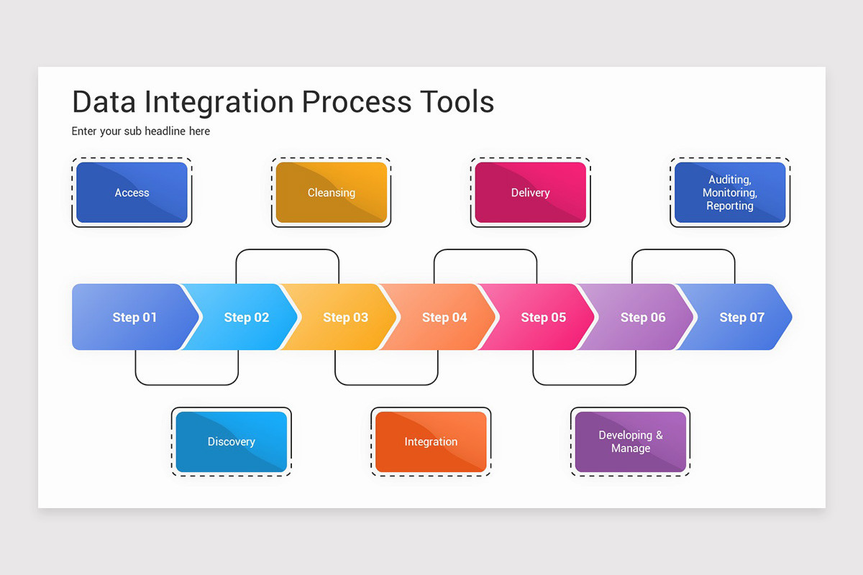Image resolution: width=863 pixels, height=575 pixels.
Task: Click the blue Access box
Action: point(132,192)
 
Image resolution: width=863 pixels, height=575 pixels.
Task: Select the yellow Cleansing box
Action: point(332,192)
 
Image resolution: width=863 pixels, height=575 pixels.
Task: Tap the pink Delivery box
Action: point(531,192)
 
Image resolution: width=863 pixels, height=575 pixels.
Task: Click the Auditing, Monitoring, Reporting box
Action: point(730,192)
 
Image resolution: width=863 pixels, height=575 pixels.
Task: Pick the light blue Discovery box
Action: point(232,442)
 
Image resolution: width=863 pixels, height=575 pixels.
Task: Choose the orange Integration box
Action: point(431,442)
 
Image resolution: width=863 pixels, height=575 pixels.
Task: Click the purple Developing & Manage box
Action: point(631,442)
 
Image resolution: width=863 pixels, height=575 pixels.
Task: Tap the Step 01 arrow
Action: point(135,317)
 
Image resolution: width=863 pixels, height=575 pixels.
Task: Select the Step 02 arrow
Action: point(247,317)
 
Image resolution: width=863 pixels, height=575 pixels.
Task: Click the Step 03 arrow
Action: point(346,317)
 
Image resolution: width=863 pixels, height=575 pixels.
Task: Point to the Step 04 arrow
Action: point(444,317)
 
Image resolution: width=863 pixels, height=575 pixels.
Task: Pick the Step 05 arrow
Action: point(544,317)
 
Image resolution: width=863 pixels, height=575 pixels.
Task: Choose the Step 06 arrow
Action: point(643,317)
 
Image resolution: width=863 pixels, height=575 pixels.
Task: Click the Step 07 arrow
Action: point(741,317)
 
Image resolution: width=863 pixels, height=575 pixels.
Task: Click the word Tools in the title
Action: point(457,101)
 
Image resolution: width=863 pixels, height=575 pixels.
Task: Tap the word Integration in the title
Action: point(219,103)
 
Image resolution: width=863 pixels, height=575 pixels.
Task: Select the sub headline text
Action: point(141,132)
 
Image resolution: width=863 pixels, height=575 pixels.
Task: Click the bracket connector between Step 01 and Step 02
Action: point(187,385)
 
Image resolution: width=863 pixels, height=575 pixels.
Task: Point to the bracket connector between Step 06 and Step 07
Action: point(683,249)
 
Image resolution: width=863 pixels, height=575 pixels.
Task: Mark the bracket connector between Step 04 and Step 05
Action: point(485,249)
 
